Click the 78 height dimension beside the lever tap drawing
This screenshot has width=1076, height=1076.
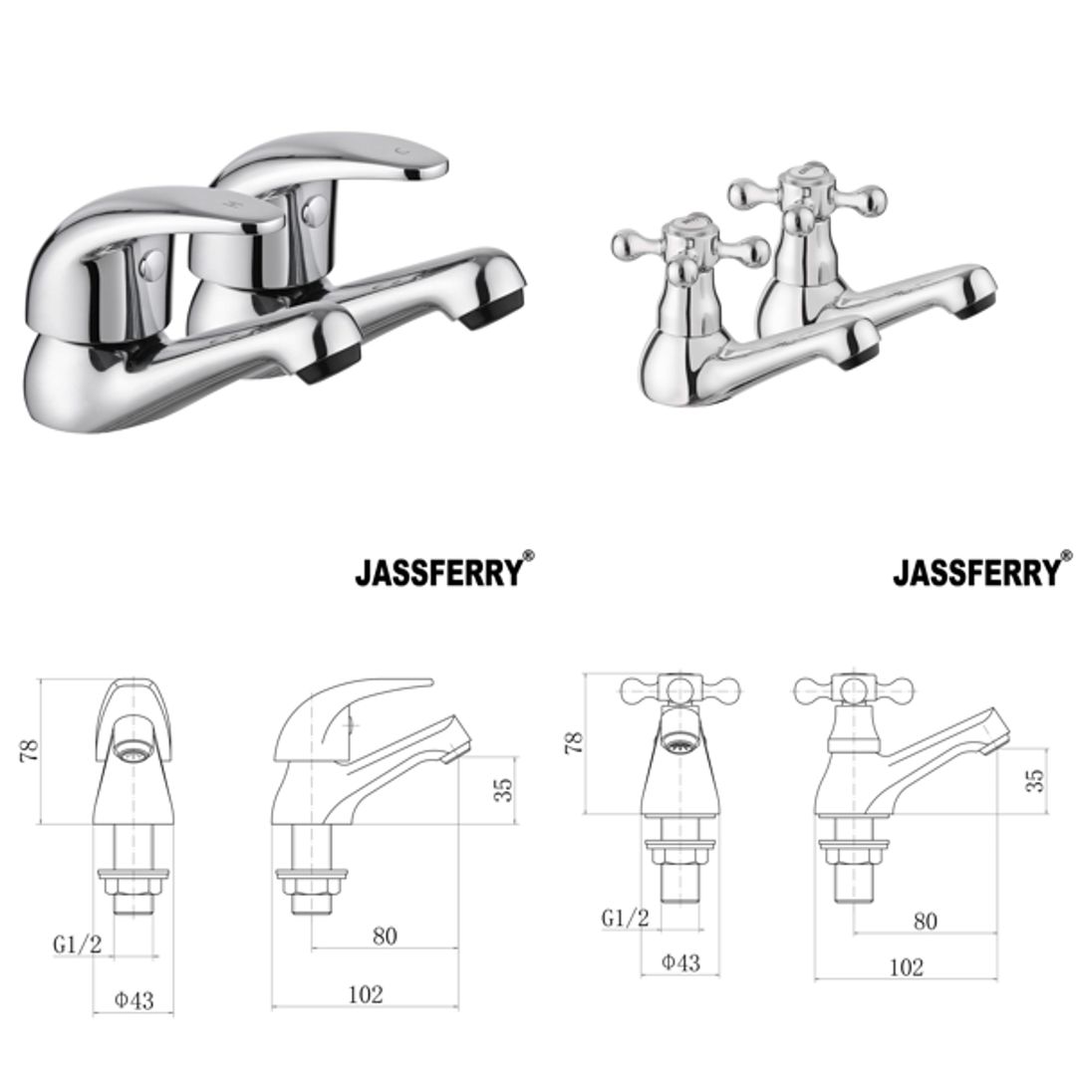click(30, 749)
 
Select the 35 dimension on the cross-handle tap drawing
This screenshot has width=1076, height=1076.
click(1037, 780)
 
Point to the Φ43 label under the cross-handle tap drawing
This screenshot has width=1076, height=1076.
click(680, 962)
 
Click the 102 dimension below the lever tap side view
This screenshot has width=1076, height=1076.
click(366, 994)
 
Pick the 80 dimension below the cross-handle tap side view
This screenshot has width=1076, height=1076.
click(925, 921)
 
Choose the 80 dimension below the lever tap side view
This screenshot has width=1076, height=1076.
click(384, 936)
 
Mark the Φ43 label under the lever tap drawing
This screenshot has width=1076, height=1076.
click(132, 1000)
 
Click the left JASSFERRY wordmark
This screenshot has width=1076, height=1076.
click(438, 573)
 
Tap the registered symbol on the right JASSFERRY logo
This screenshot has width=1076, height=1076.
click(1067, 556)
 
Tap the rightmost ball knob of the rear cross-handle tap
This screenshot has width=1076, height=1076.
click(872, 195)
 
